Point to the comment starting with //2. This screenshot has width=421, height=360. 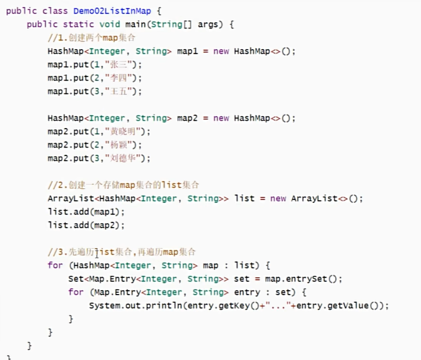(x=123, y=185)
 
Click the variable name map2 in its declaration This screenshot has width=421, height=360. (x=188, y=118)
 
